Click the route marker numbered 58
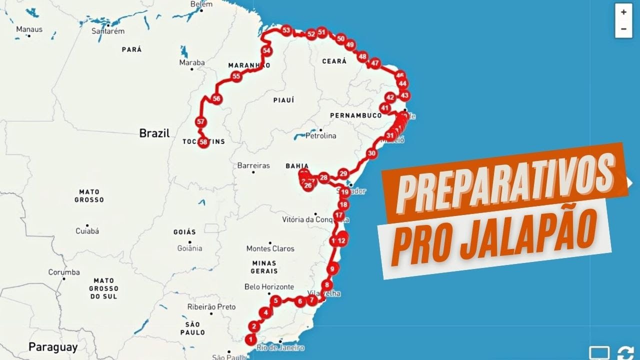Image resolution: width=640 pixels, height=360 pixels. [x=203, y=142]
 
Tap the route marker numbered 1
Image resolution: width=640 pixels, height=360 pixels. [x=250, y=339]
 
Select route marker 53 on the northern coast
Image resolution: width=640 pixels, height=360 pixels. [x=286, y=30]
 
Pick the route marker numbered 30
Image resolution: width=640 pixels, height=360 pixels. [x=371, y=153]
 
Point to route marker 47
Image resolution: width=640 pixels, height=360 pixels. [x=375, y=63]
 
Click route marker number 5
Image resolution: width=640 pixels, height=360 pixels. [x=275, y=300]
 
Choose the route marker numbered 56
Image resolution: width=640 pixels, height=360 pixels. [x=216, y=98]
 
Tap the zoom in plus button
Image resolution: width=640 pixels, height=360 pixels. [x=623, y=12]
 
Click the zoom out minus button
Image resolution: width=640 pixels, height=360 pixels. [x=623, y=28]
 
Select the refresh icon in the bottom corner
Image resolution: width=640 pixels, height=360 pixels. [x=625, y=352]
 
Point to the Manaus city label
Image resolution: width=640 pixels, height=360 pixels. [x=29, y=29]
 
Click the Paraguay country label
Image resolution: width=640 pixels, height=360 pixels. [x=52, y=347]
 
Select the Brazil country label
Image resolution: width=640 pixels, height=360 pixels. [x=154, y=133]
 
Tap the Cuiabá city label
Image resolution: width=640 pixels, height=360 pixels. [x=87, y=231]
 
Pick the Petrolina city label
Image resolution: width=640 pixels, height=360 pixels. [x=320, y=135]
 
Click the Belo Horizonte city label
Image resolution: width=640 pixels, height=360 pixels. [x=269, y=287]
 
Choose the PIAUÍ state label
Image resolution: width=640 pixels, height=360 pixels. [x=283, y=100]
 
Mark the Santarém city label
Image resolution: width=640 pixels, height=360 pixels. [x=107, y=31]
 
